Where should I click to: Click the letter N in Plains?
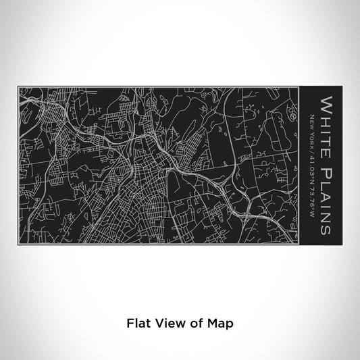click(326, 216)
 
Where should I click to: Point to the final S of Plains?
click(326, 230)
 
